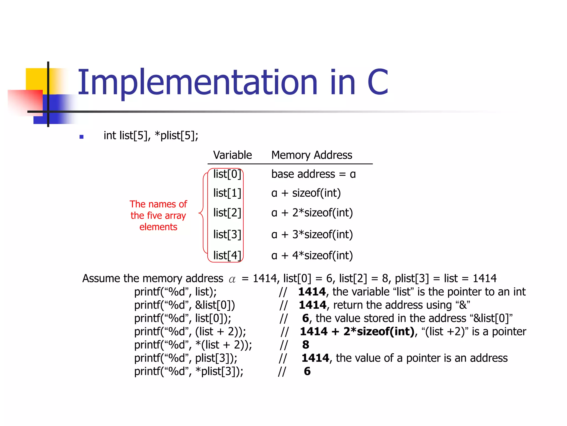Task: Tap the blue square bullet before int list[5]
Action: pos(81,137)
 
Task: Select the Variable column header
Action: pos(232,155)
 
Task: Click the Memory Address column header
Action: pos(311,155)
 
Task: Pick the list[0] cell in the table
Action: pos(227,174)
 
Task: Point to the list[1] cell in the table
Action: pos(227,193)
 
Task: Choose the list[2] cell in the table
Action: pos(227,213)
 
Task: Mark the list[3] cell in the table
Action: pos(227,234)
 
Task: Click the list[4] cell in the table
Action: pos(227,255)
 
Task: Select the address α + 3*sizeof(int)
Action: pos(312,234)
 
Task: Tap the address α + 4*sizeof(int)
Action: pos(312,255)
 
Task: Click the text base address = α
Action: pos(313,174)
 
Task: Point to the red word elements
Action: pos(158,227)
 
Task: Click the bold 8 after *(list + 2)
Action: pos(306,345)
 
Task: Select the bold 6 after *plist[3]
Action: pos(307,371)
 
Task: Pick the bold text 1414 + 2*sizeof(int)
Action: pos(357,331)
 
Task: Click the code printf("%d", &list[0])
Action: pos(185,305)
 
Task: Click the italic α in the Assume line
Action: pos(232,279)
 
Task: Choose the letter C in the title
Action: pos(378,82)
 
